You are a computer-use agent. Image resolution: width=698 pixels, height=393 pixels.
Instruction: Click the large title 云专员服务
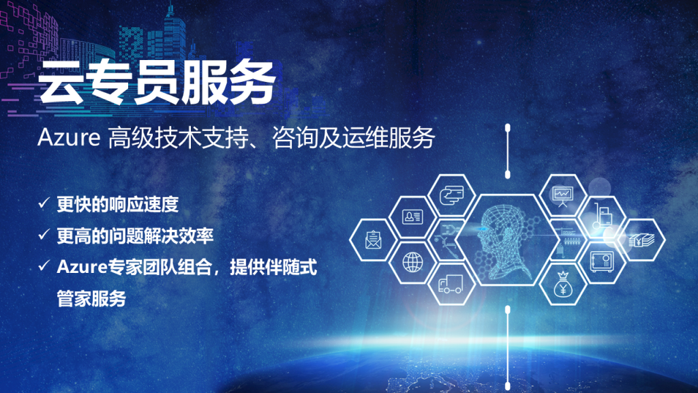157,83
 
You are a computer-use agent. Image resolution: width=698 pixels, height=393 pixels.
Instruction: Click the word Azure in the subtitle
69,138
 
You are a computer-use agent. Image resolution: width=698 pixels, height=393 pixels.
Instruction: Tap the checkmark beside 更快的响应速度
44,203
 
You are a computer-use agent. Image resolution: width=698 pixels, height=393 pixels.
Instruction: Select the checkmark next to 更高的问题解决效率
44,235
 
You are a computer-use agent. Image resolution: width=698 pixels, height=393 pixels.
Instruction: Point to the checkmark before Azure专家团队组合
44,265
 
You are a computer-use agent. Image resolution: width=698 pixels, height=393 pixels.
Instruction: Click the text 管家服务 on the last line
91,299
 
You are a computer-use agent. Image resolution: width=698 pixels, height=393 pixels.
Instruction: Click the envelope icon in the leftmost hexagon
373,239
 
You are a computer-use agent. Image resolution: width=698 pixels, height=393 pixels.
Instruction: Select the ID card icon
412,217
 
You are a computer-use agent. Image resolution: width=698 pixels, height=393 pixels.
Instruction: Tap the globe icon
412,262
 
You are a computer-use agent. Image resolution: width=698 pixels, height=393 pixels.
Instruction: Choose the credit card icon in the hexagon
451,195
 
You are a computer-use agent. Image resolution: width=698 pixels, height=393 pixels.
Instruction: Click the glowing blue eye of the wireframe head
483,229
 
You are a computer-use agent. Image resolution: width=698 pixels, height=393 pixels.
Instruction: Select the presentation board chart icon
562,196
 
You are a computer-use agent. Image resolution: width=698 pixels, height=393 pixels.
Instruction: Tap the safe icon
602,261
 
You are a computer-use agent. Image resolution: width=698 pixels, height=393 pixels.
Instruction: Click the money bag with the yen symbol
562,285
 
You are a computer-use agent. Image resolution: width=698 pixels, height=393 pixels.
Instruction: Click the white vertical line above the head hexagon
507,152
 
